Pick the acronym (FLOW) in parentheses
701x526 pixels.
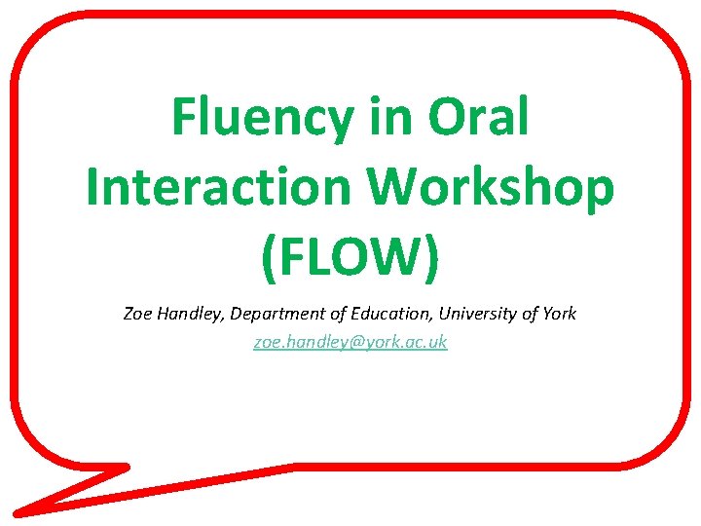[x=350, y=255]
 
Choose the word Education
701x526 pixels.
[x=387, y=314]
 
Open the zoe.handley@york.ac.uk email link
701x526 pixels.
[x=350, y=342]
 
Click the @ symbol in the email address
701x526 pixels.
[x=340, y=343]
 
